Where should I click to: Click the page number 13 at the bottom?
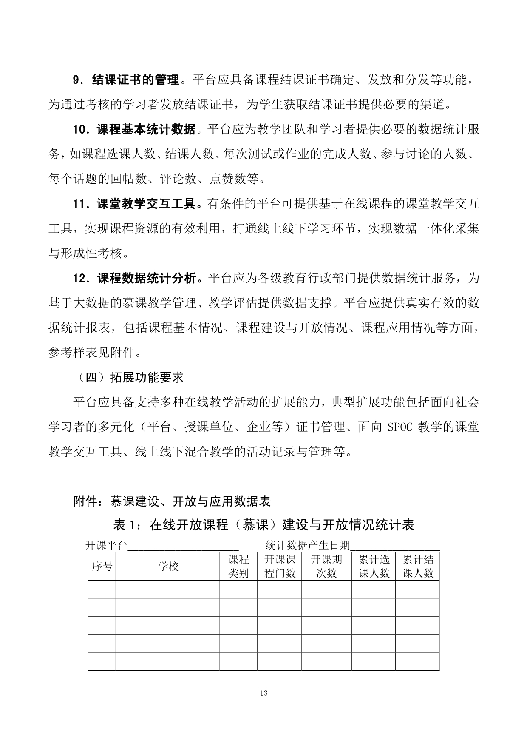[x=263, y=693]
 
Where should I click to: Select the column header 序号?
[x=102, y=567]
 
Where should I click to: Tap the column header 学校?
[x=168, y=567]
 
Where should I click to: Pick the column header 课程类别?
[x=238, y=567]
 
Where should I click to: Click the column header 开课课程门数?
[x=280, y=567]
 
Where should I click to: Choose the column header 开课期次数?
[x=326, y=567]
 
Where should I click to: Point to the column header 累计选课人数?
[x=374, y=567]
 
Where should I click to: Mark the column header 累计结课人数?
[x=417, y=567]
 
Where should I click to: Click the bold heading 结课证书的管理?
[x=136, y=80]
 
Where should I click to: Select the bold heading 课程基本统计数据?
[x=146, y=129]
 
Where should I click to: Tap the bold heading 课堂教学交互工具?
[x=146, y=204]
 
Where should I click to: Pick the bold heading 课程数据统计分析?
[x=146, y=279]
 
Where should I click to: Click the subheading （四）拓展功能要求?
[x=129, y=377]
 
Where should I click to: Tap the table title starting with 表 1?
[x=263, y=525]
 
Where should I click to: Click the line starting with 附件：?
[x=172, y=502]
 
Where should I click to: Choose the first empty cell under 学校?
[x=168, y=589]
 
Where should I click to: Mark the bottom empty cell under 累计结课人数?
[x=417, y=661]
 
